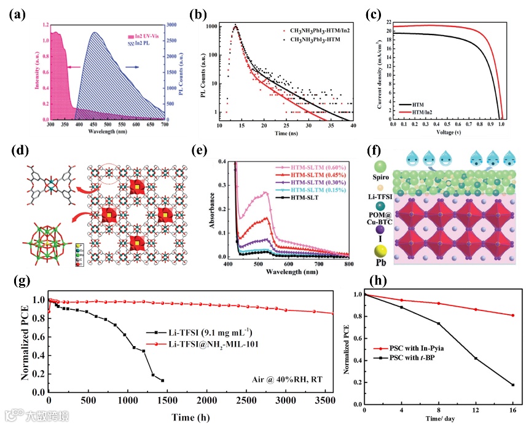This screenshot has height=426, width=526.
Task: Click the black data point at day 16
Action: pyautogui.click(x=512, y=385)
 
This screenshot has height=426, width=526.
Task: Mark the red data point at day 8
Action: pyautogui.click(x=439, y=303)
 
